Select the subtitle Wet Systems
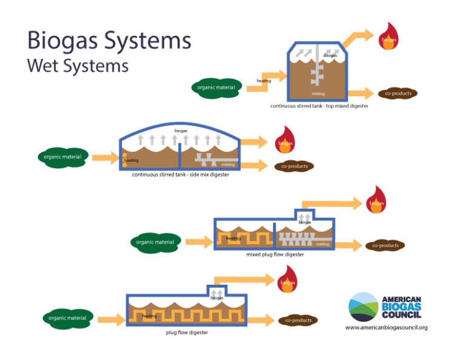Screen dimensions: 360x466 tap(78, 65)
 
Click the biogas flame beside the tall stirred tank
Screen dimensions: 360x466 tap(388, 37)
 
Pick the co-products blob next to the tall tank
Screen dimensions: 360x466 tap(398, 93)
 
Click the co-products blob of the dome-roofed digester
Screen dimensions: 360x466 tap(294, 166)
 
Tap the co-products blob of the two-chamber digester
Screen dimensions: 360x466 tap(385, 245)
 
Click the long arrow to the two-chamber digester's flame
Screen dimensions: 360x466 tap(331, 203)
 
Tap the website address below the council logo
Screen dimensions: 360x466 tap(387, 327)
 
